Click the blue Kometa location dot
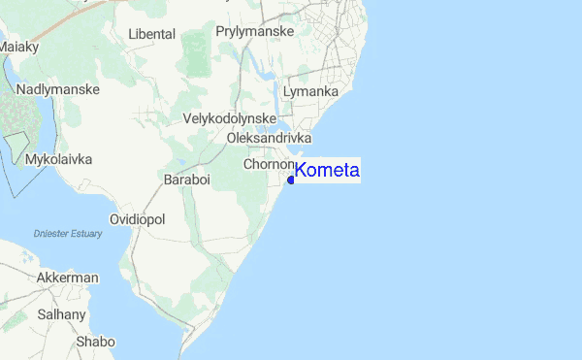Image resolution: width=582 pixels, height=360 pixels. [x=291, y=179]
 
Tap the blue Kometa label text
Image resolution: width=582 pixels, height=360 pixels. [x=327, y=171]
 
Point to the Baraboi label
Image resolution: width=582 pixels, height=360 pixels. [x=186, y=180]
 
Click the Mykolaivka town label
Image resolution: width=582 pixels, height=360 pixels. [x=59, y=158]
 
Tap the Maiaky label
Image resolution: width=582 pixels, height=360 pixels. [x=19, y=46]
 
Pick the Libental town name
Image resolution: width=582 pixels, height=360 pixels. [x=152, y=34]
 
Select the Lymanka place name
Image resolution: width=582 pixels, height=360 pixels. [x=310, y=92]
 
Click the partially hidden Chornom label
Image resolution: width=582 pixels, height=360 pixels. [x=269, y=165]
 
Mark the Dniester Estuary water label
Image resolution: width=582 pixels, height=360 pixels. [x=67, y=233]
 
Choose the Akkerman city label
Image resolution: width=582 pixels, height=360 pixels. [x=67, y=278]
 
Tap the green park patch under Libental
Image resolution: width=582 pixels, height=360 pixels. [x=196, y=53]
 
